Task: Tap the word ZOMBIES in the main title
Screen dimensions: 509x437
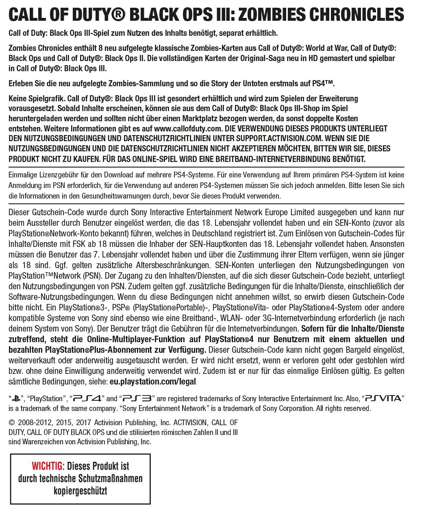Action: pyautogui.click(x=271, y=15)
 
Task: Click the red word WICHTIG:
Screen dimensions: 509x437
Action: pyautogui.click(x=48, y=466)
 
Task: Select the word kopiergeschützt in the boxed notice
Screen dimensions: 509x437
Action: pyautogui.click(x=80, y=491)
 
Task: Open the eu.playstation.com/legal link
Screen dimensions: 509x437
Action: pyautogui.click(x=153, y=382)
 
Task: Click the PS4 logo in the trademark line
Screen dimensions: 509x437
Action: pyautogui.click(x=87, y=398)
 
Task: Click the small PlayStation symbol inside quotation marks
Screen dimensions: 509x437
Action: pyautogui.click(x=16, y=398)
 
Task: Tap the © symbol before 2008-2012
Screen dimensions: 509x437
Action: pyautogui.click(x=11, y=423)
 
